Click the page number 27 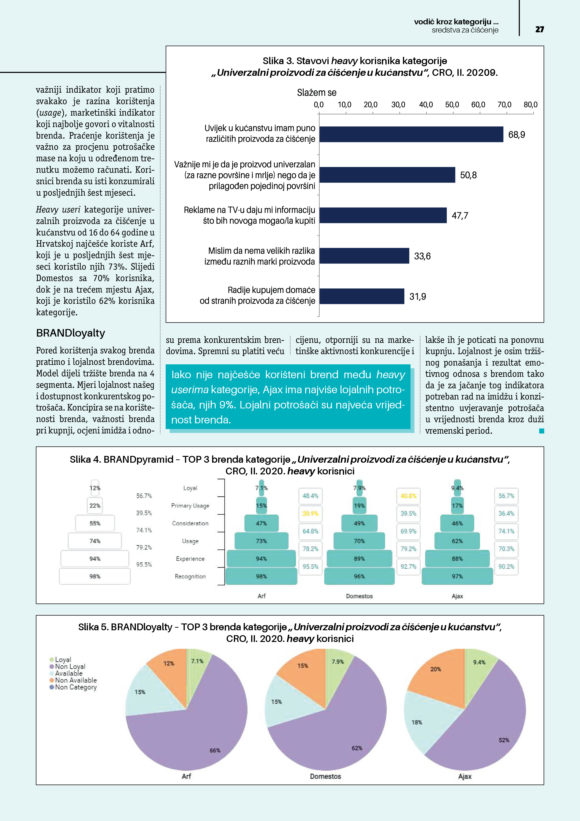pos(539,29)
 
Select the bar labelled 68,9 pos(411,134)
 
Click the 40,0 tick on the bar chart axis pos(426,105)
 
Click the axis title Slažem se pos(317,93)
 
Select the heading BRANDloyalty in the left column pos(70,333)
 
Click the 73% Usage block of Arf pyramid pos(261,541)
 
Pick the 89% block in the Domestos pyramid pos(359,559)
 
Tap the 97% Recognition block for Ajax pos(457,576)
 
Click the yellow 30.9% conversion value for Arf pos(310,513)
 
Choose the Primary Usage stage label pos(190,506)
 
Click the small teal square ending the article pos(541,431)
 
